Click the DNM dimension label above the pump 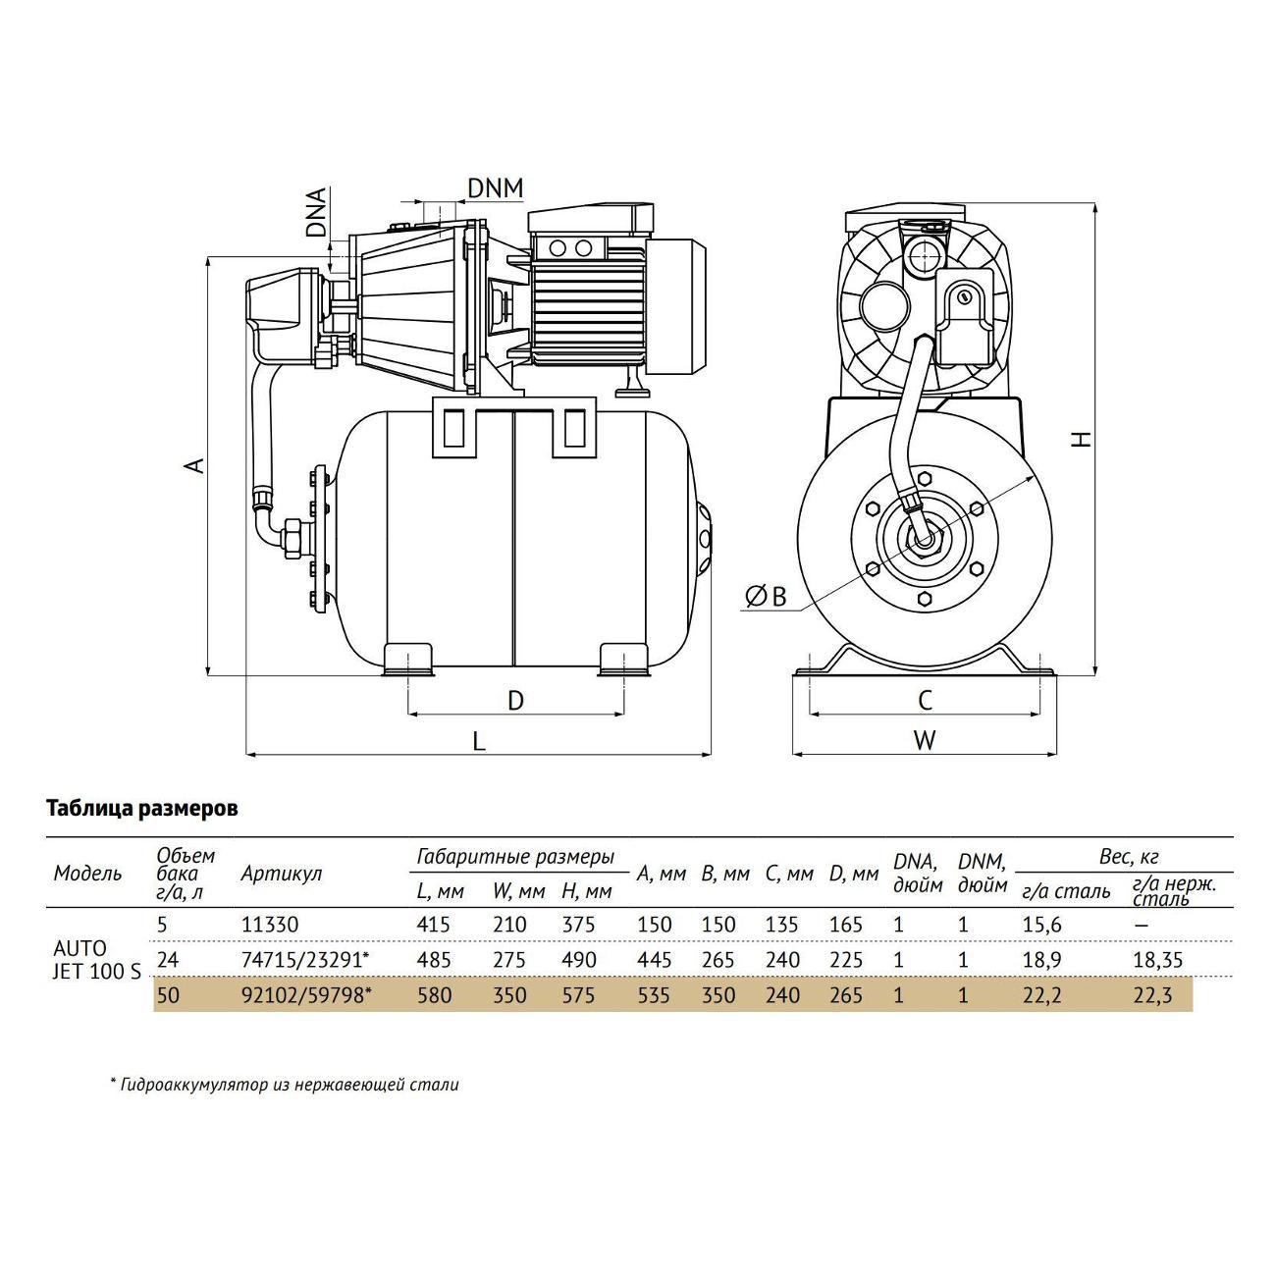495,187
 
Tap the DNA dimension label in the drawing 315,213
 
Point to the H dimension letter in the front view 1080,438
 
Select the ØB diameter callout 766,596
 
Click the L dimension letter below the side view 479,741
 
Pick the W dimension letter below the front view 925,740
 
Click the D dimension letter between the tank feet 515,700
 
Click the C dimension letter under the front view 925,700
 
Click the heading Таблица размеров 142,809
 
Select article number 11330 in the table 269,925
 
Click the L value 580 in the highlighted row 433,995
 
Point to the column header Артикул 281,874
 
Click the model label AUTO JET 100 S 96,960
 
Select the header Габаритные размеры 515,856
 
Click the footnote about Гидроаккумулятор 284,1085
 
